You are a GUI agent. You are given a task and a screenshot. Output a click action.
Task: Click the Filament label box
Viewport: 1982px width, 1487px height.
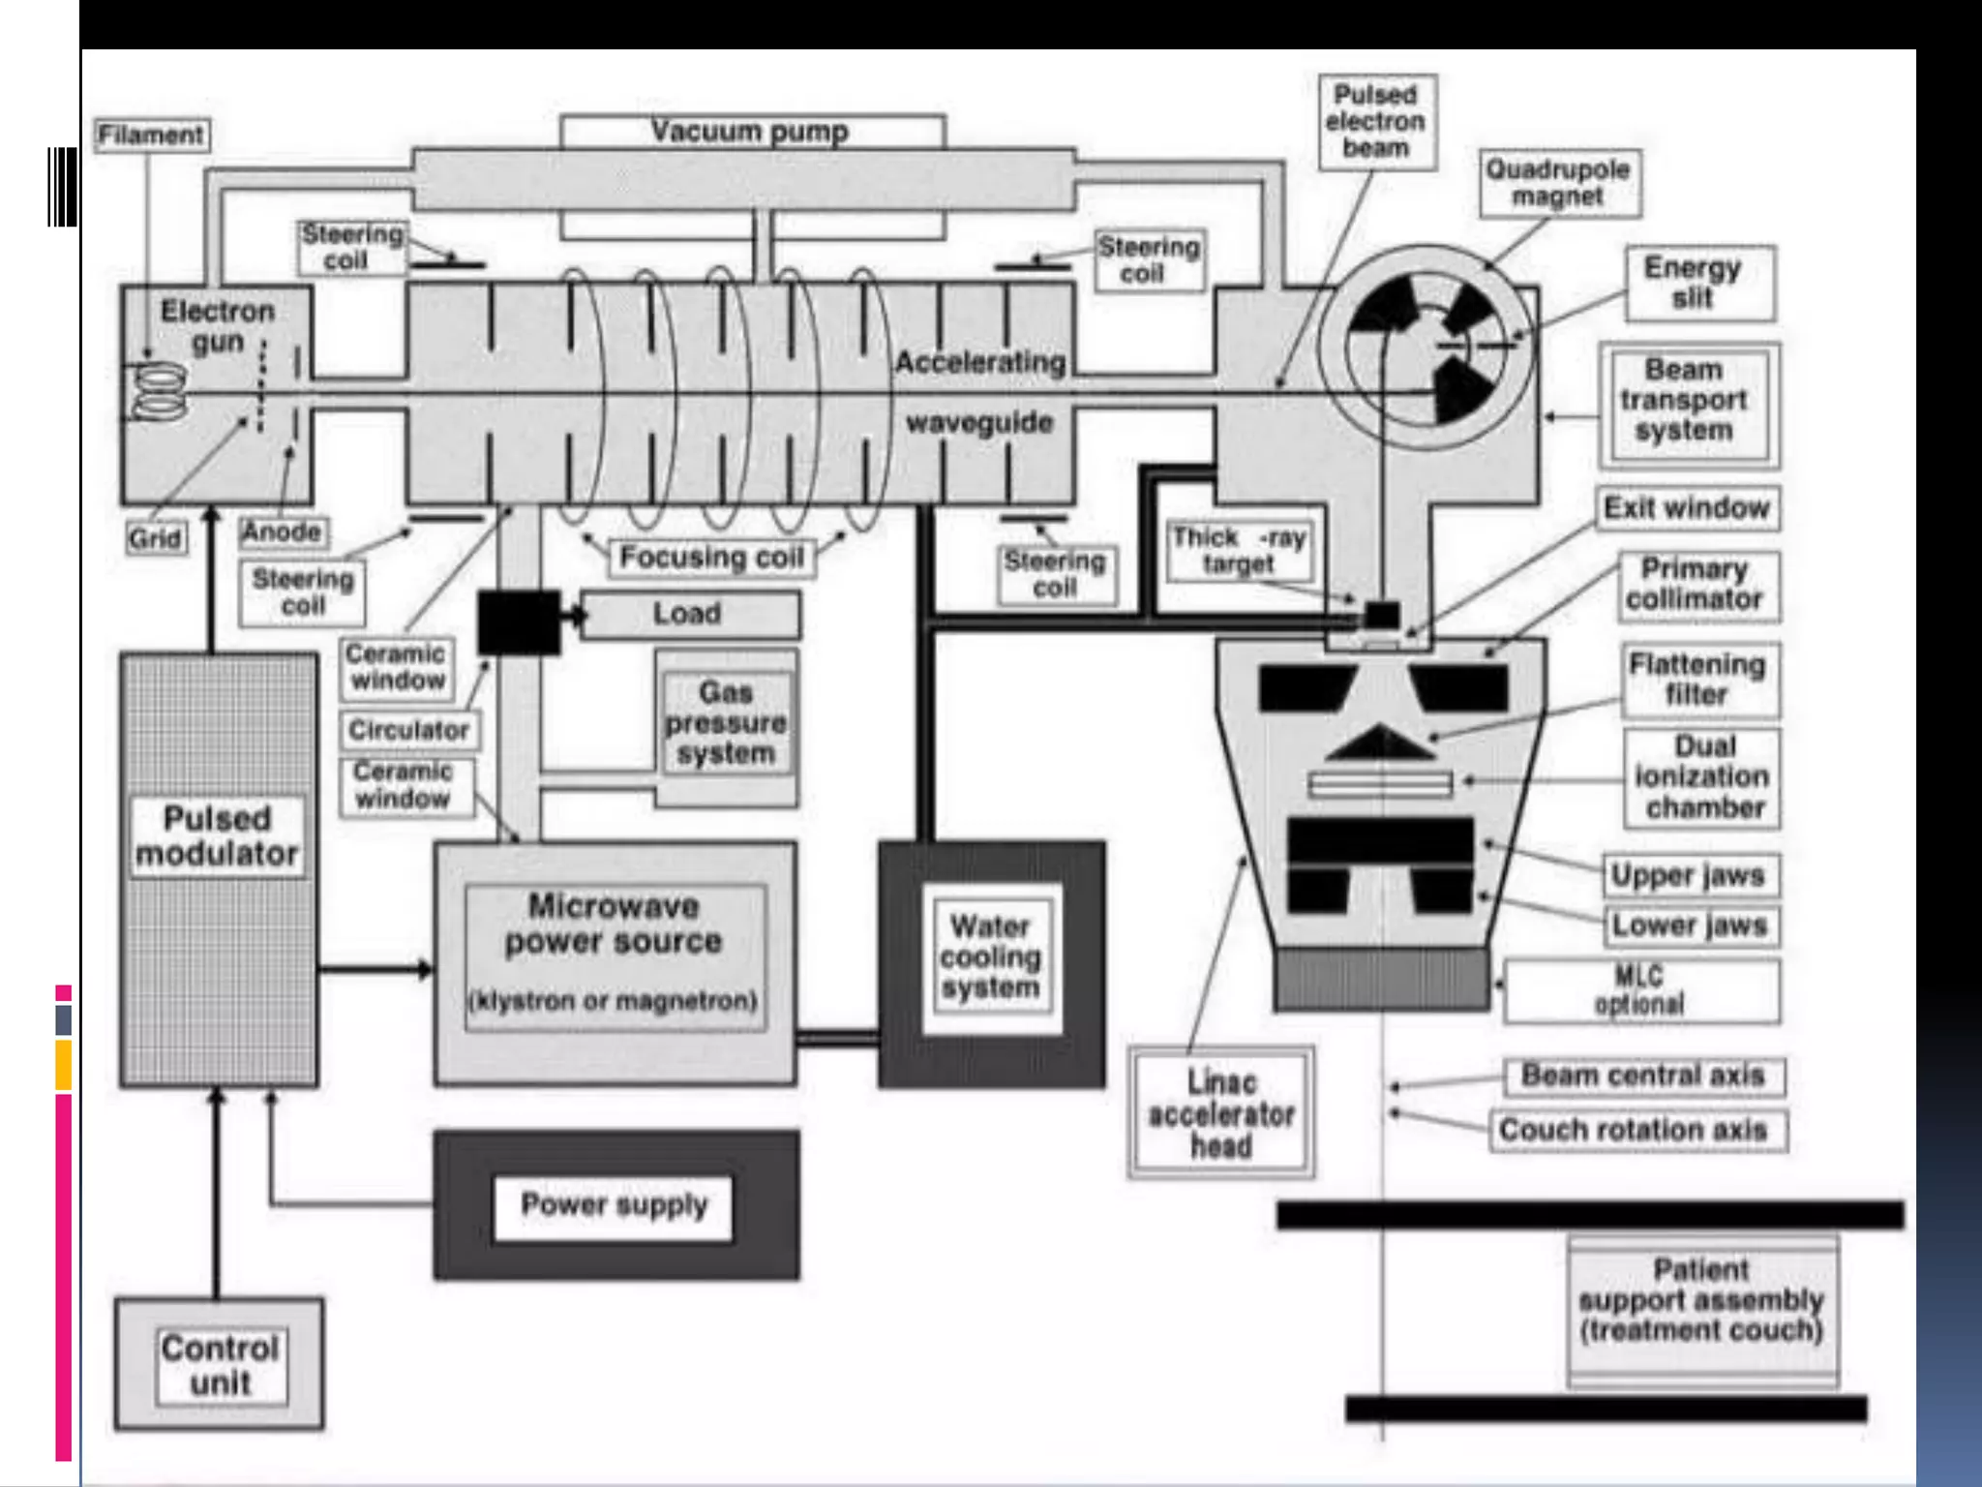pyautogui.click(x=151, y=135)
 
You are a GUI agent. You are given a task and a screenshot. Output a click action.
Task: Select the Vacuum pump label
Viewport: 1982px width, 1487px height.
pyautogui.click(x=750, y=131)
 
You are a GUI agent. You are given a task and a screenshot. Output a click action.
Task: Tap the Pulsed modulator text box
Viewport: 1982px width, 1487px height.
pyautogui.click(x=218, y=836)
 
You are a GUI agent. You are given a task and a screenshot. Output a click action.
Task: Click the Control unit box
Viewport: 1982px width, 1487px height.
pyautogui.click(x=221, y=1365)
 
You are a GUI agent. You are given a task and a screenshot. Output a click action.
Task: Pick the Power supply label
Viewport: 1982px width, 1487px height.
pyautogui.click(x=614, y=1205)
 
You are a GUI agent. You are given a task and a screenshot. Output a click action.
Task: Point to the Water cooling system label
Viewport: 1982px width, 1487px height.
pyautogui.click(x=990, y=956)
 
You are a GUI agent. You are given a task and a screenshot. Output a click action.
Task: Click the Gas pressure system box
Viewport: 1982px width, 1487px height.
pyautogui.click(x=726, y=723)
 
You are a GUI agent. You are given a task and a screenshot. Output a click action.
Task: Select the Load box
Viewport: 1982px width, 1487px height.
pyautogui.click(x=688, y=614)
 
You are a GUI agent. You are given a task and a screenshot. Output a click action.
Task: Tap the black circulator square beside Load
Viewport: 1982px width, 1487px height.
pyautogui.click(x=519, y=622)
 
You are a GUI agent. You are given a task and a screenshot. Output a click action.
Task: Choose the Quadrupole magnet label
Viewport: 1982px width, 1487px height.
pyautogui.click(x=1558, y=183)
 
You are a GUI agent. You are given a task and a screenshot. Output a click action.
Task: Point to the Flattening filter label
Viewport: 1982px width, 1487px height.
pyautogui.click(x=1698, y=680)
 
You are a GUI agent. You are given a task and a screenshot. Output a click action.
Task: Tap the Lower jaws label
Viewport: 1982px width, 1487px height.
pyautogui.click(x=1689, y=926)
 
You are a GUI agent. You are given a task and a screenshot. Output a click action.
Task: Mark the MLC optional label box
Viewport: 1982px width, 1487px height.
pyautogui.click(x=1640, y=990)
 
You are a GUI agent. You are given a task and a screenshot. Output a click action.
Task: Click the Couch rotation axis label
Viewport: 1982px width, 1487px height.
pyautogui.click(x=1634, y=1130)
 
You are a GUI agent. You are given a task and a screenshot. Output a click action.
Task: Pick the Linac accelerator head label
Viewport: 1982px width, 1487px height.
pyautogui.click(x=1221, y=1113)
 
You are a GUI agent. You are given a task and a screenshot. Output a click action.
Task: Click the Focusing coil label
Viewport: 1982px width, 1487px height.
pyautogui.click(x=711, y=558)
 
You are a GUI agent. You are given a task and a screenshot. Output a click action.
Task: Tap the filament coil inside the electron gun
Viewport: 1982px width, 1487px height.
pyautogui.click(x=160, y=392)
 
